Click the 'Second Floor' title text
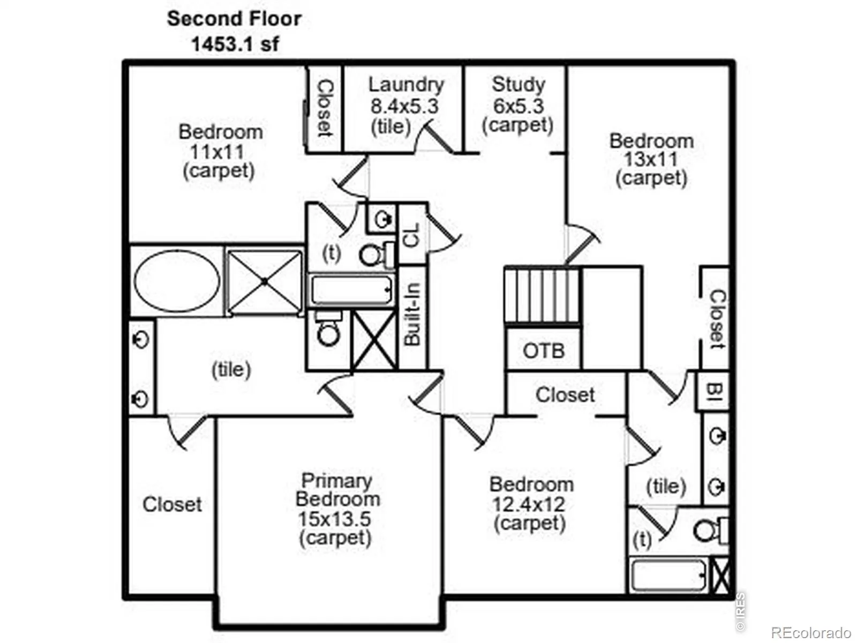click(x=234, y=19)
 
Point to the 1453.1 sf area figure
click(x=235, y=44)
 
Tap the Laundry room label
click(x=406, y=85)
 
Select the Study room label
click(x=518, y=85)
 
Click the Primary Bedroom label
click(x=337, y=490)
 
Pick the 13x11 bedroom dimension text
click(x=651, y=159)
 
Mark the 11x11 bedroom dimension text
click(x=217, y=152)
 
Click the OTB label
click(x=544, y=351)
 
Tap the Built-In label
click(x=412, y=315)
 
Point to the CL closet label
click(x=411, y=235)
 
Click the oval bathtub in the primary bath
click(x=177, y=281)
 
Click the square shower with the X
click(x=265, y=281)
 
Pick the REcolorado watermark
click(x=811, y=632)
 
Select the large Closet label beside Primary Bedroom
click(x=172, y=504)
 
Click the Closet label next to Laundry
click(x=325, y=108)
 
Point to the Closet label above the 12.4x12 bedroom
click(x=565, y=395)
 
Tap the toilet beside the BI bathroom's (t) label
click(x=711, y=530)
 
